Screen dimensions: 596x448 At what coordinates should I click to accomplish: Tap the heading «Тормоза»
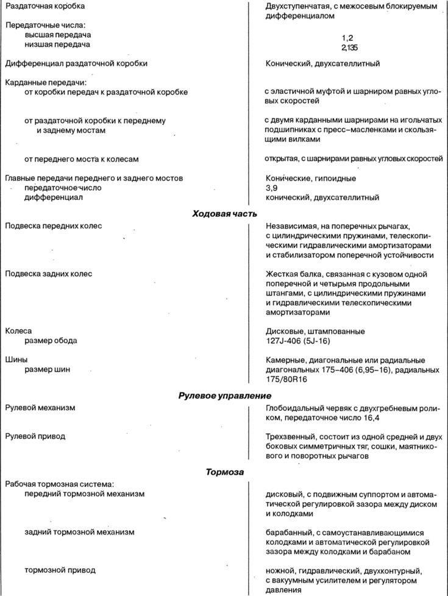(x=224, y=472)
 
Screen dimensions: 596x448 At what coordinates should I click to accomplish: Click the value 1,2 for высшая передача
(x=347, y=37)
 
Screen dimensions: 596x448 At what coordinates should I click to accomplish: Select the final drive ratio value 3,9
(x=271, y=188)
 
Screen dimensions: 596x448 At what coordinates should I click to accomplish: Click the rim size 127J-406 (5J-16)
(x=303, y=341)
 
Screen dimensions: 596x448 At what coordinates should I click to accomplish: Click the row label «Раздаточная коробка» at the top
(x=44, y=6)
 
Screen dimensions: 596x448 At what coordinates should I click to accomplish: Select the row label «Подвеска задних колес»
(x=48, y=274)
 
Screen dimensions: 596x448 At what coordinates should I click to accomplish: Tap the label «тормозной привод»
(x=60, y=570)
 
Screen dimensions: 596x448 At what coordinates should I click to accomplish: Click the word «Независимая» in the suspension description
(x=291, y=226)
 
